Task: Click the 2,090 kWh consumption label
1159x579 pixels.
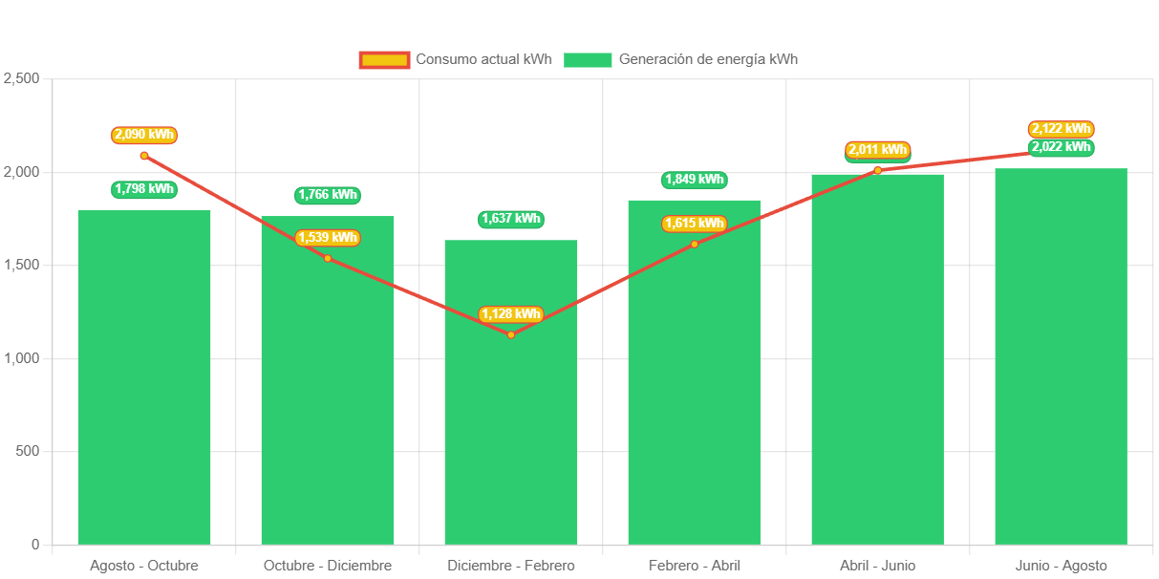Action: pyautogui.click(x=144, y=135)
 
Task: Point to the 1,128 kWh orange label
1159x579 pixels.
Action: pyautogui.click(x=511, y=314)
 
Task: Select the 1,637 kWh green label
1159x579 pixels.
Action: pyautogui.click(x=511, y=219)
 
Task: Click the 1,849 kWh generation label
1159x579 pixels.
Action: pyautogui.click(x=695, y=180)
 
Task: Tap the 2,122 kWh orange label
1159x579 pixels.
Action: pyautogui.click(x=1061, y=129)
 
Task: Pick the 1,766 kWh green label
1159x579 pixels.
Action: pyautogui.click(x=328, y=195)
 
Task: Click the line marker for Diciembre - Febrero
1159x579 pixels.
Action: pyautogui.click(x=511, y=334)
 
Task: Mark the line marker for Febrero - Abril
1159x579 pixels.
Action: pyautogui.click(x=695, y=244)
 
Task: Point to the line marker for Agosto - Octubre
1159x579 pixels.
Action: pyautogui.click(x=144, y=156)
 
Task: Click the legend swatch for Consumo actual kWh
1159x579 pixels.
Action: pyautogui.click(x=384, y=60)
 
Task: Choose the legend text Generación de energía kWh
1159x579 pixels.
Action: pyautogui.click(x=708, y=59)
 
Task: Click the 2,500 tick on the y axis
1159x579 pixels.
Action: pyautogui.click(x=21, y=78)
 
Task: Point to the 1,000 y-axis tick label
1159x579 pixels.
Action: pyautogui.click(x=21, y=358)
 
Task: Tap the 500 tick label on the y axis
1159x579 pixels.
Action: pyautogui.click(x=27, y=451)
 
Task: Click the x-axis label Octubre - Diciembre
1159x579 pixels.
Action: pyautogui.click(x=328, y=566)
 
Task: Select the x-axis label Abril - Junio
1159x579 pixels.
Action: pyautogui.click(x=877, y=566)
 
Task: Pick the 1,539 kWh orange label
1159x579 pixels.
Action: pyautogui.click(x=328, y=238)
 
